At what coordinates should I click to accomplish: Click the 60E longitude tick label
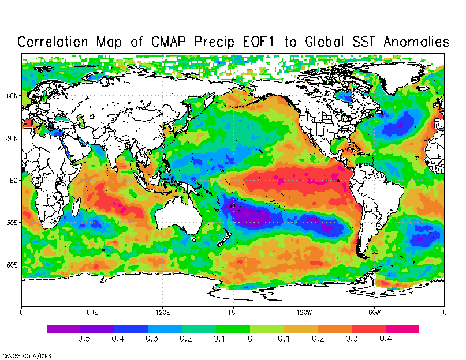tap(92, 313)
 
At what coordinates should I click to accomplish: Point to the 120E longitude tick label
tap(163, 313)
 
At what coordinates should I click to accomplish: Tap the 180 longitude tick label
tap(233, 313)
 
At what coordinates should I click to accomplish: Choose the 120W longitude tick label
tap(304, 313)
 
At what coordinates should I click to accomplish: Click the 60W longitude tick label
tap(374, 313)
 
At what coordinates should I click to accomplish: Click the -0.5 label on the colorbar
tap(80, 339)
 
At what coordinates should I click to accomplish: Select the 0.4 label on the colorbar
tap(386, 339)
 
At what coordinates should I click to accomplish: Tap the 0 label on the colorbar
tap(250, 339)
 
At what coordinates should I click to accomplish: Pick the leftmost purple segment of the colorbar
tap(64, 329)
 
